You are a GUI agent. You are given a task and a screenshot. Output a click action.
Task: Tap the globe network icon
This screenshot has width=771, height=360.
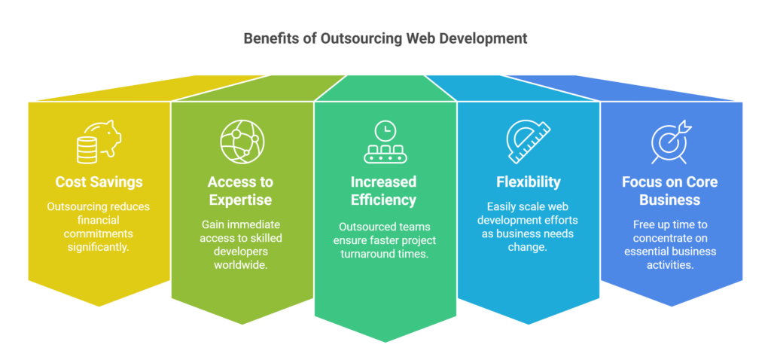[242, 142]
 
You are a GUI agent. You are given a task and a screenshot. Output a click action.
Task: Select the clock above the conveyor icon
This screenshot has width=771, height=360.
[385, 130]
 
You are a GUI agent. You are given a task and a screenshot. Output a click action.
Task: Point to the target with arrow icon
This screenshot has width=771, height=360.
[670, 142]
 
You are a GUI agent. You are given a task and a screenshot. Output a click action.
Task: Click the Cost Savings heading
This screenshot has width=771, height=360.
[99, 182]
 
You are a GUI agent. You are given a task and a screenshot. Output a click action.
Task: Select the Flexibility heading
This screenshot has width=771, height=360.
[528, 182]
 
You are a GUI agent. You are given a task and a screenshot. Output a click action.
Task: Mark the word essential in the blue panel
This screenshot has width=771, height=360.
[649, 252]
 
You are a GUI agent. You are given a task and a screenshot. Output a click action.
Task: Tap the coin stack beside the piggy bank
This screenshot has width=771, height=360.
[87, 150]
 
